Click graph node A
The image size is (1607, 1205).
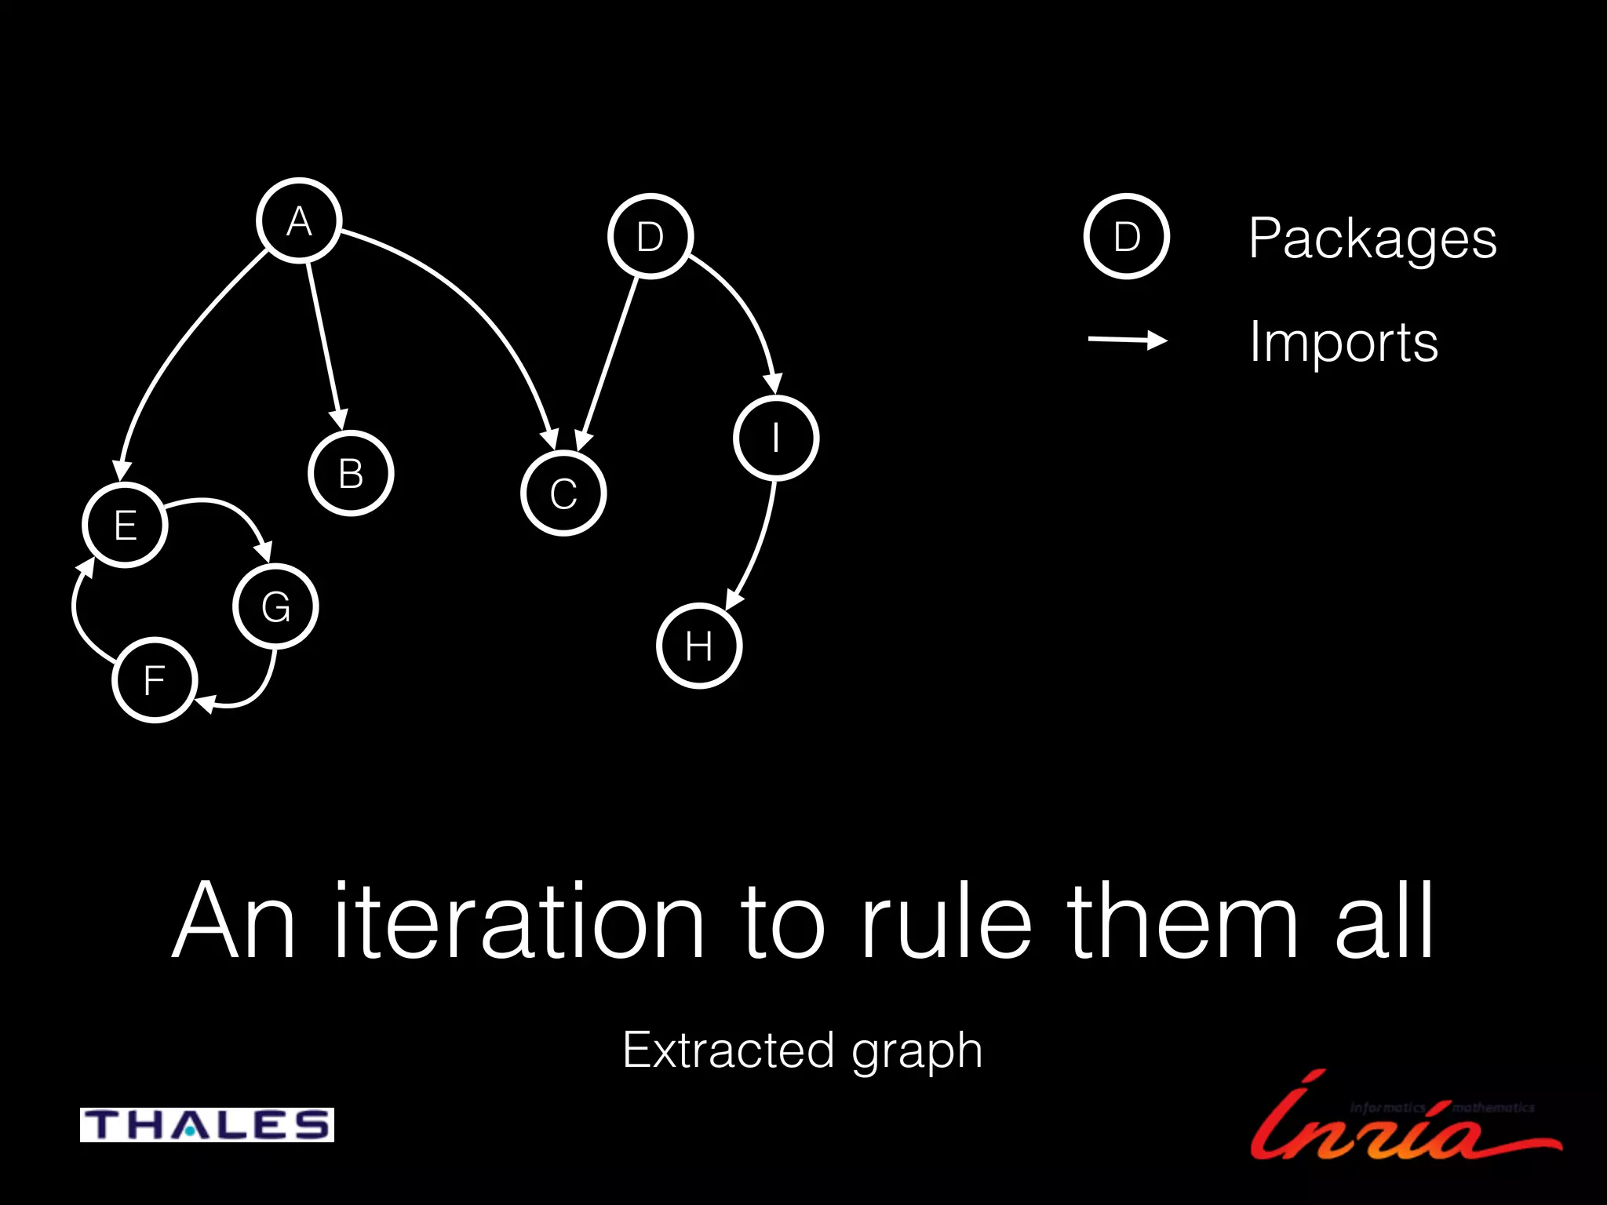[299, 220]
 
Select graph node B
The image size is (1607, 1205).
[351, 473]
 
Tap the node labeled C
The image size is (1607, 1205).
[563, 493]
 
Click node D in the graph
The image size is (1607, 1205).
[650, 236]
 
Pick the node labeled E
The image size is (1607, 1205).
[126, 524]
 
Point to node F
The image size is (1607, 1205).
[155, 679]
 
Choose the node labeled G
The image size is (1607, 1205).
[275, 606]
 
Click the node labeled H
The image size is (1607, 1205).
[698, 646]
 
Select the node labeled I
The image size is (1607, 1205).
[776, 438]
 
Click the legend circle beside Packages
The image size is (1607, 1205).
[1126, 236]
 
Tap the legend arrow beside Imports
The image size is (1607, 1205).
[1127, 340]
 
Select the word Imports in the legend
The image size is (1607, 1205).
[1343, 342]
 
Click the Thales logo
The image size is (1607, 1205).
[207, 1124]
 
